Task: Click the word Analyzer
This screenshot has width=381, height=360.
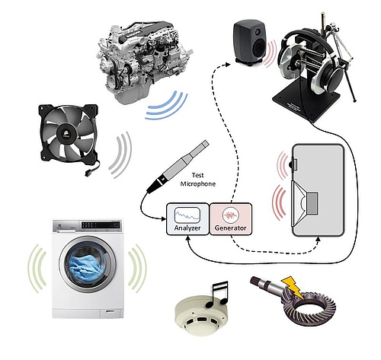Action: [187, 228]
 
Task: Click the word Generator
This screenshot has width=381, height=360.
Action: [231, 228]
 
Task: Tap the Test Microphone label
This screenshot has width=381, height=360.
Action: [198, 180]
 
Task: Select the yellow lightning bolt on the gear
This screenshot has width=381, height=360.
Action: [292, 287]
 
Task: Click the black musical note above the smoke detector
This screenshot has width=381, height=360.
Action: [217, 294]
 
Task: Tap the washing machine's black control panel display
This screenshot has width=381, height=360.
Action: [101, 225]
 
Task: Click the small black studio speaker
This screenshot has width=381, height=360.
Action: [250, 43]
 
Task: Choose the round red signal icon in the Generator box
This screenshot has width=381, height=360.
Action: [231, 215]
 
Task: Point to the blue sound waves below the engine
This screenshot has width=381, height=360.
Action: [167, 106]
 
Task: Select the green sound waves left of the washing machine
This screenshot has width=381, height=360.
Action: [37, 269]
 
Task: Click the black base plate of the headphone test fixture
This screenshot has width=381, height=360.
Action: [306, 100]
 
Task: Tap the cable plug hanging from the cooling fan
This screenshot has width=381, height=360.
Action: [88, 174]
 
